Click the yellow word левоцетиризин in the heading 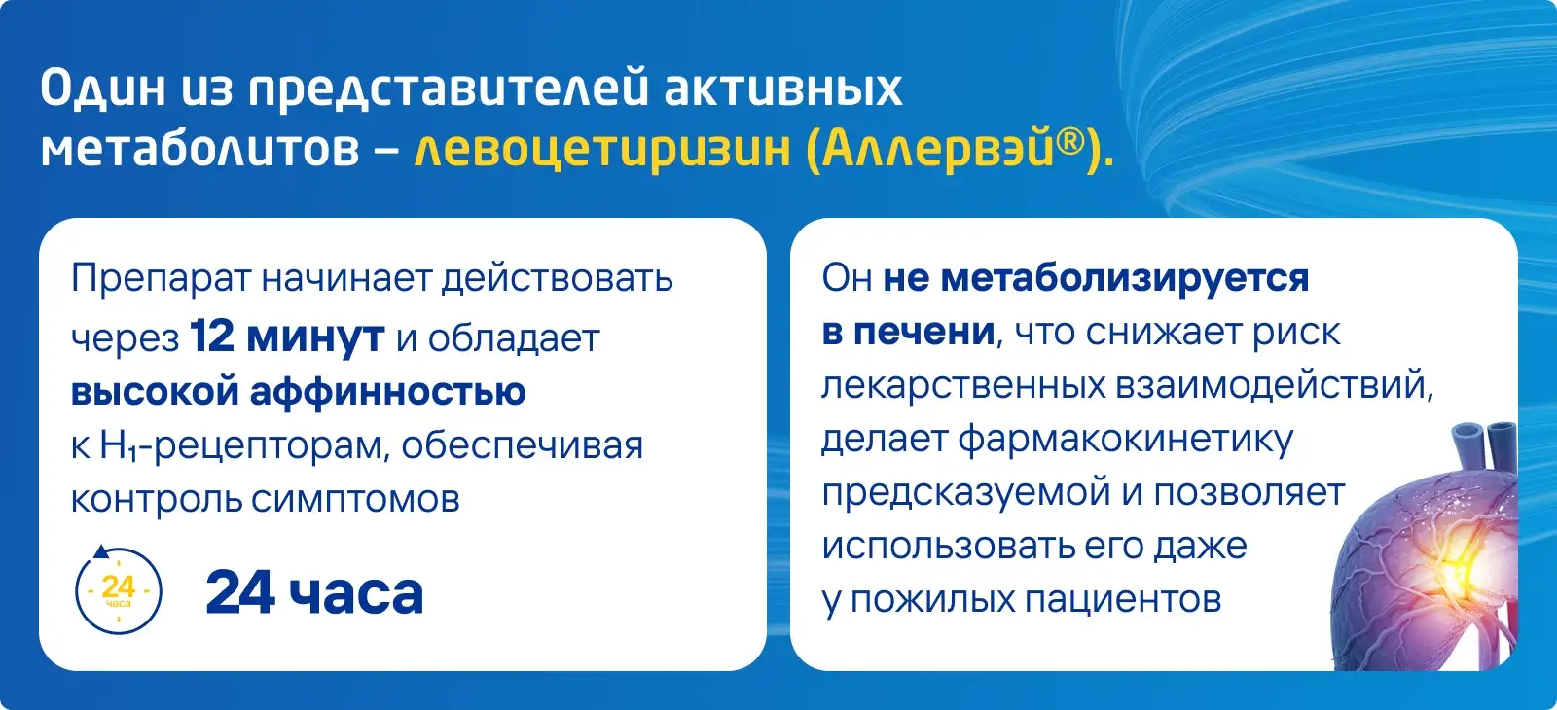coord(602,149)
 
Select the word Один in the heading coord(103,88)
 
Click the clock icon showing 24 coord(118,589)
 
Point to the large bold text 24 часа coord(315,592)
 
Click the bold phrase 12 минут coord(287,337)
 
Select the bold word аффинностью coord(388,390)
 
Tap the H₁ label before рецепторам coord(120,445)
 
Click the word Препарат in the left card coord(162,279)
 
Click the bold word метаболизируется coord(1125,278)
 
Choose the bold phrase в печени coord(909,332)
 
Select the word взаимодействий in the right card coord(1274,385)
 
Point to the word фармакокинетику coord(1126,440)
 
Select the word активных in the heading coord(783,89)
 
